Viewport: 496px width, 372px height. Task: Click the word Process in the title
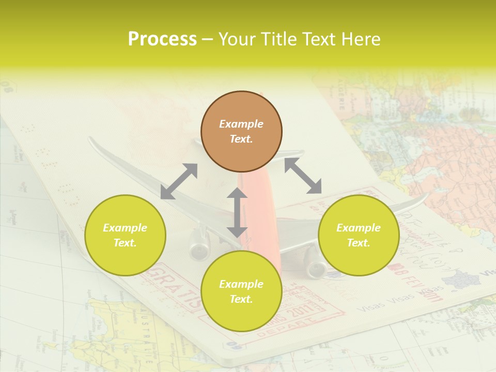click(162, 39)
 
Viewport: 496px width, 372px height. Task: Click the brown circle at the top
click(241, 131)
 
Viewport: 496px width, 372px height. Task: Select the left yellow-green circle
click(125, 235)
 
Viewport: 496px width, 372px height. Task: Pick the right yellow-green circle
click(359, 235)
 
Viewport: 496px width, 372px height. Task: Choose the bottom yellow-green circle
click(241, 291)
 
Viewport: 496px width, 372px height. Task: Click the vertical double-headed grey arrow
click(237, 212)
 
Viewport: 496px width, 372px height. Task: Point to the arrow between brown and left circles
click(179, 181)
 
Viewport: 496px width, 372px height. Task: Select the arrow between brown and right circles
click(303, 176)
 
